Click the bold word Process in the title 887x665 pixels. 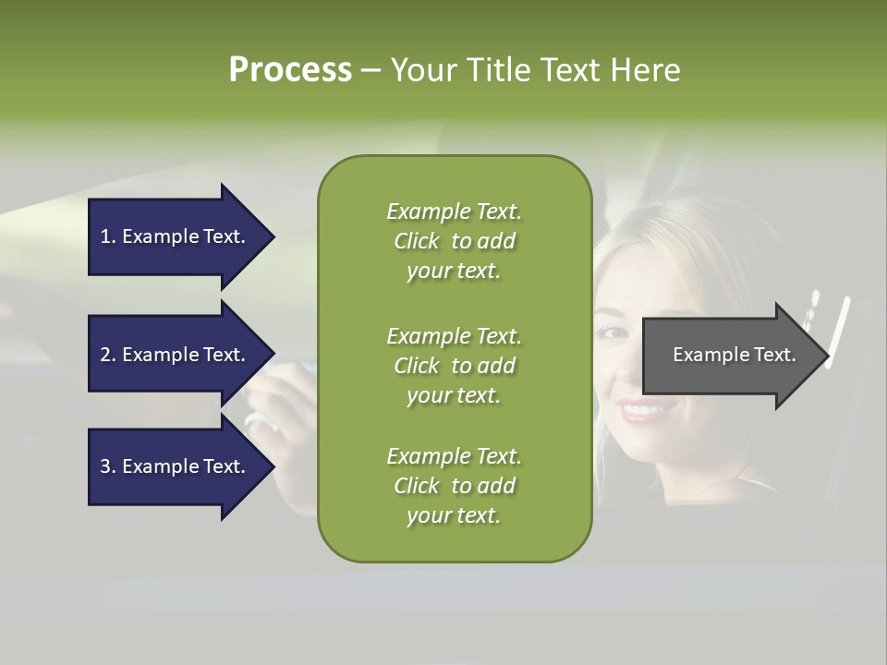290,70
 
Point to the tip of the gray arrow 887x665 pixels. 827,356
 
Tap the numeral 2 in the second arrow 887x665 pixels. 105,355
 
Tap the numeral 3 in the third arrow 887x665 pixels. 105,466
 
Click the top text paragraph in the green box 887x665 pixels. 454,241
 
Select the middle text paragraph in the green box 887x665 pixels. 454,366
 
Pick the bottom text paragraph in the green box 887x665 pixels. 454,486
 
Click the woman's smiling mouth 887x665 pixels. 641,408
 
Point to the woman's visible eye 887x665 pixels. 614,331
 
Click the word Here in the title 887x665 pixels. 645,70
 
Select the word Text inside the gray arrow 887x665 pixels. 775,355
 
